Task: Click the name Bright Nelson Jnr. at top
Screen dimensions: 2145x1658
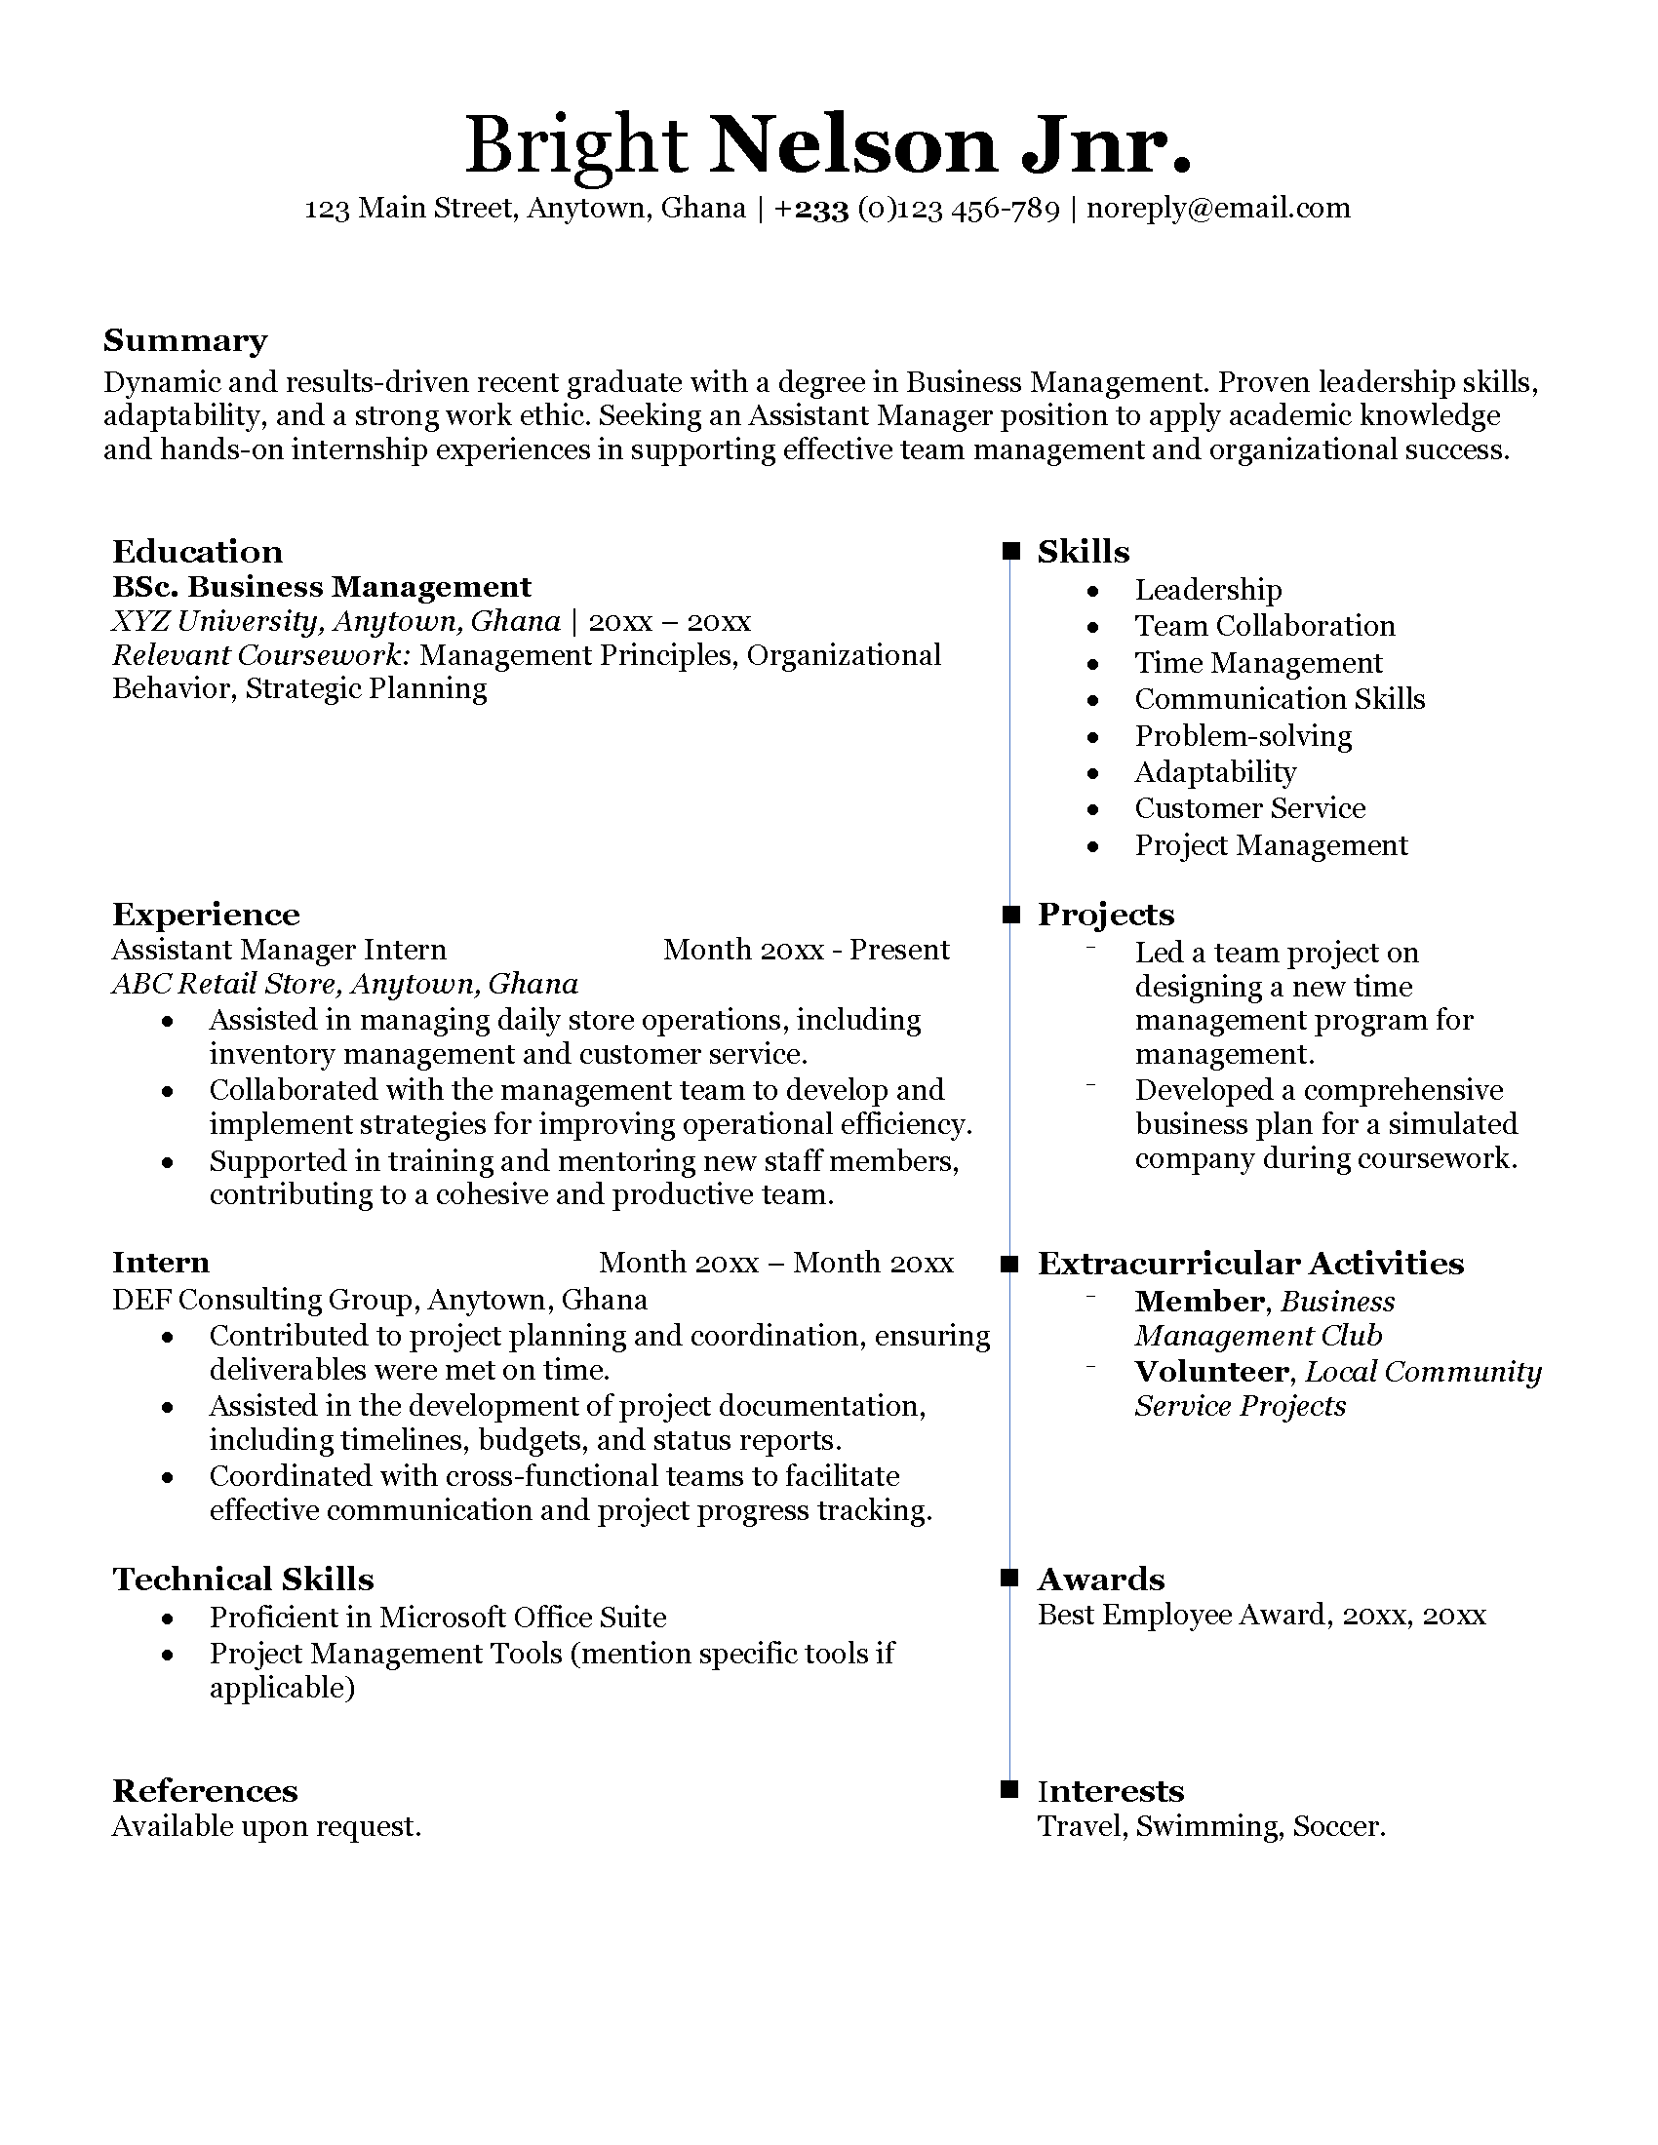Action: pyautogui.click(x=828, y=145)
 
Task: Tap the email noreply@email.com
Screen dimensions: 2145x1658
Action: pyautogui.click(x=1218, y=209)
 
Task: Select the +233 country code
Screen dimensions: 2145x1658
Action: pyautogui.click(x=811, y=210)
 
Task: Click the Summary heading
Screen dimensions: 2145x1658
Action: pyautogui.click(x=184, y=341)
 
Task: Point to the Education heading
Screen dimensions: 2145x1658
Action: pyautogui.click(x=197, y=552)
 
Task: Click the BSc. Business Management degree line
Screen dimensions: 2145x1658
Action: pyautogui.click(x=321, y=587)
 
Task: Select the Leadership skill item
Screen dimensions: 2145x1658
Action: pyautogui.click(x=1208, y=590)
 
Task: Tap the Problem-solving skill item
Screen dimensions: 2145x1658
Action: pyautogui.click(x=1243, y=736)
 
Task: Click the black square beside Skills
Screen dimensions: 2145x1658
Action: pyautogui.click(x=1010, y=552)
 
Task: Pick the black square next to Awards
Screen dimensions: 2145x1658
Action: pyautogui.click(x=1010, y=1579)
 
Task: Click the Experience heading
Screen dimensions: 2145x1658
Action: pyautogui.click(x=206, y=915)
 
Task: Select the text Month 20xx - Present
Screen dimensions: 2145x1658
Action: pyautogui.click(x=806, y=950)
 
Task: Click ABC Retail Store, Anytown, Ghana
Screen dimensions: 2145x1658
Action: pyautogui.click(x=344, y=984)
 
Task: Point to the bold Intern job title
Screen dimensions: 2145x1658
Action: pyautogui.click(x=160, y=1263)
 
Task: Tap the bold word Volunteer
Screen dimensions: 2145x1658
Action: pyautogui.click(x=1211, y=1371)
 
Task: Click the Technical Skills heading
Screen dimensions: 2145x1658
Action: pyautogui.click(x=243, y=1579)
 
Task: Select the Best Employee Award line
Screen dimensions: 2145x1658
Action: pyautogui.click(x=1261, y=1615)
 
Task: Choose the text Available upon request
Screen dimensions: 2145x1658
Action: pyautogui.click(x=266, y=1827)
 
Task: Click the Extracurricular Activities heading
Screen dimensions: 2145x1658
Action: pyautogui.click(x=1250, y=1264)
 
